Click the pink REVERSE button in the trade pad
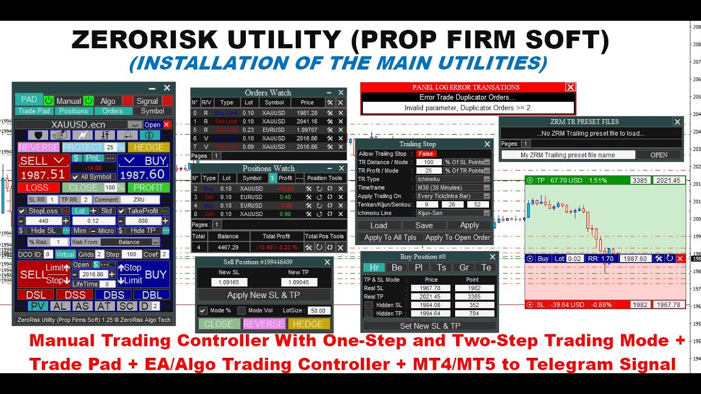coord(38,147)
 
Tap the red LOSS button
coord(37,187)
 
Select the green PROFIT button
coord(148,187)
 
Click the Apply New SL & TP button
coord(264,295)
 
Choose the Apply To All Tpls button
coord(390,237)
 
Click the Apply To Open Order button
coord(458,237)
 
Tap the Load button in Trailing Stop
coord(378,225)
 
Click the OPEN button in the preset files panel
coord(659,155)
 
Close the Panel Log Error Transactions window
coord(570,87)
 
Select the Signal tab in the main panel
coord(147,101)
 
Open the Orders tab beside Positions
coord(113,111)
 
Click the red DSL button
coord(36,295)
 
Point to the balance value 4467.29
coord(228,248)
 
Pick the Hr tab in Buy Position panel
coord(374,268)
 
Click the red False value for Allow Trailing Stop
coord(426,154)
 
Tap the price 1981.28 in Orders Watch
coord(307,113)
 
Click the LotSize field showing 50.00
coord(318,310)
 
